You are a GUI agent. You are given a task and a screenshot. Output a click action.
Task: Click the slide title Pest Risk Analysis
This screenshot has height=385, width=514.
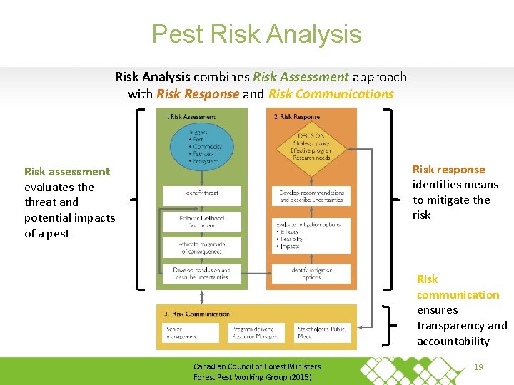(x=256, y=34)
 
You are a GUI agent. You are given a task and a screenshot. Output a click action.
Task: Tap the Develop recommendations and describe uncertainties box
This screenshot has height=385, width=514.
(x=311, y=195)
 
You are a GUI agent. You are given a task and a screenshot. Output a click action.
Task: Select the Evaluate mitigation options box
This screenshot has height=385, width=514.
(x=311, y=236)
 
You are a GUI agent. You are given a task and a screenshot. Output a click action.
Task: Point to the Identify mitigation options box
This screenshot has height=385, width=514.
(x=311, y=273)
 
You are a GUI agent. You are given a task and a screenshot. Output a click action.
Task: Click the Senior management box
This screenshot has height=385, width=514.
(x=190, y=332)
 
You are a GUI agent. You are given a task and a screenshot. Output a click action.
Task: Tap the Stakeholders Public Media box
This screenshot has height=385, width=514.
(x=322, y=332)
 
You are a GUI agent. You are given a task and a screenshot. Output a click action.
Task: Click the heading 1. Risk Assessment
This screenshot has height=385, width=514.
(x=190, y=116)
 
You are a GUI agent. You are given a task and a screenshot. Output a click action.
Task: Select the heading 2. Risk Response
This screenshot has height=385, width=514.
(x=297, y=116)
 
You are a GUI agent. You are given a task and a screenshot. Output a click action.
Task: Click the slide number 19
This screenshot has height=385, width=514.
(x=480, y=367)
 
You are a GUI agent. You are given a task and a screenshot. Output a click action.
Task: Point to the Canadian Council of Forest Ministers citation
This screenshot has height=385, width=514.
(x=257, y=371)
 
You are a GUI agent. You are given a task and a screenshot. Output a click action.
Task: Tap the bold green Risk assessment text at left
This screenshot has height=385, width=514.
(x=67, y=171)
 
